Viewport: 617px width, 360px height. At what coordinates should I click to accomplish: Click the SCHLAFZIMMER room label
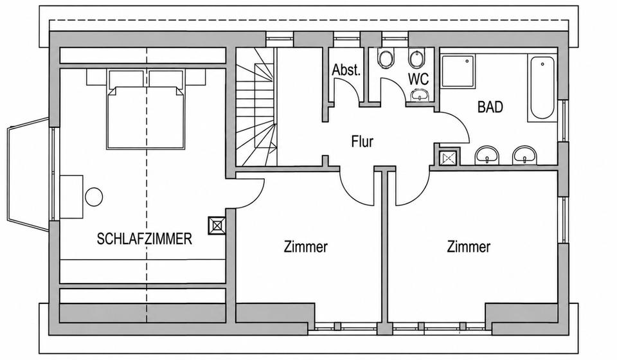tap(145, 239)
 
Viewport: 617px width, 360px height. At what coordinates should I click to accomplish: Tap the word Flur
tap(362, 141)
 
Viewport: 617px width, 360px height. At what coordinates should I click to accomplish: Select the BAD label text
tap(490, 107)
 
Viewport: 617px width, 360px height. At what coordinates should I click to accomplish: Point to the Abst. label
tap(346, 70)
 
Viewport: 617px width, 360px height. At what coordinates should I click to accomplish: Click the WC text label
tap(418, 78)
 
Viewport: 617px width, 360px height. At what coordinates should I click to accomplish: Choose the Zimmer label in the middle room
tap(306, 247)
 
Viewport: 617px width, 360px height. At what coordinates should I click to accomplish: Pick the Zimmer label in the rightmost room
tap(469, 247)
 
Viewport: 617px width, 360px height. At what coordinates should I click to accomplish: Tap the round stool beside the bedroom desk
tap(94, 196)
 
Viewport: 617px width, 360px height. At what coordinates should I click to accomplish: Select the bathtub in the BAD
tap(542, 88)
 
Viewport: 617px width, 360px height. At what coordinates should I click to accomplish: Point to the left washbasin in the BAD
tap(488, 155)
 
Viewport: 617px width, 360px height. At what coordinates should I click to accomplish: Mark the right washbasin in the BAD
tap(524, 155)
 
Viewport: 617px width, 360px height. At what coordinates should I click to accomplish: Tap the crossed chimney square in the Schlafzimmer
tap(217, 226)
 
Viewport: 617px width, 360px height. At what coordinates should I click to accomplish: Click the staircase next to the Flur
tap(256, 107)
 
